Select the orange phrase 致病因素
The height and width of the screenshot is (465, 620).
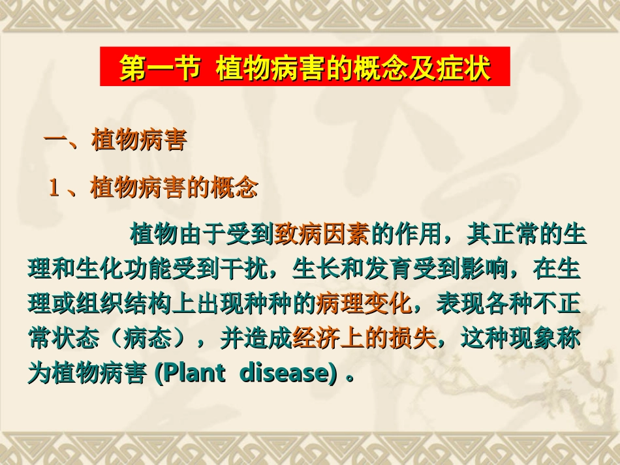point(324,233)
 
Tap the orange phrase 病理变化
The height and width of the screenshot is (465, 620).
point(364,303)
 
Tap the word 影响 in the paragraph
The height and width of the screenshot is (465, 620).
point(493,268)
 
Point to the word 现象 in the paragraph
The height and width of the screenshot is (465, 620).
point(532,338)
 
